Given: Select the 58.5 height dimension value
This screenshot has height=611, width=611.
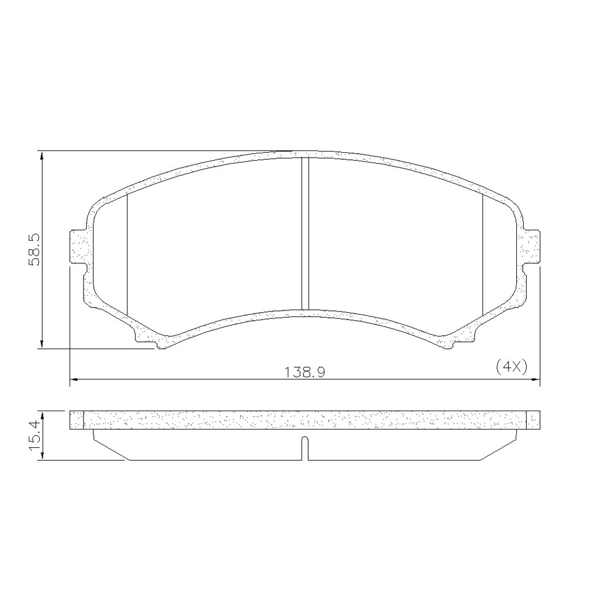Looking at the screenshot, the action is tap(34, 250).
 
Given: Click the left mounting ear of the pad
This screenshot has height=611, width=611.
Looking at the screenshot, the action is tap(78, 247).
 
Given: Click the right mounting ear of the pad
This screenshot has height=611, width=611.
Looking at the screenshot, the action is tap(531, 247).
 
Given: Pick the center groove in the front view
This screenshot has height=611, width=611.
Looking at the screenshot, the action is tap(305, 233).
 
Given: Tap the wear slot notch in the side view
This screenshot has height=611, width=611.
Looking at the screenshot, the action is tap(305, 448).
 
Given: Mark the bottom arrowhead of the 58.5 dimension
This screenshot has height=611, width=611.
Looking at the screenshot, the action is tap(42, 343).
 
